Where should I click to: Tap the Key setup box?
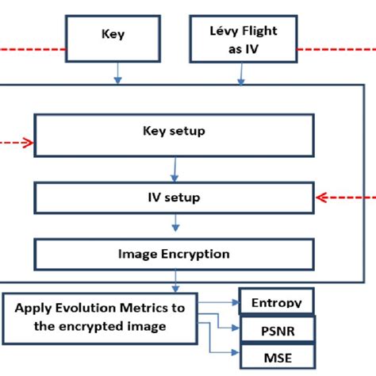(173, 132)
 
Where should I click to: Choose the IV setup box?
(173, 197)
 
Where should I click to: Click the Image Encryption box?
(173, 255)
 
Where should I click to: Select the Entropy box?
(276, 302)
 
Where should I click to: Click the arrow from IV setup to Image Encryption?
(174, 226)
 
